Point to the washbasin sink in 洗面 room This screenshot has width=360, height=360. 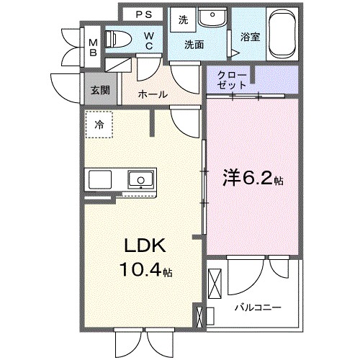pyautogui.click(x=210, y=19)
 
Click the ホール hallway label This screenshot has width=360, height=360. pyautogui.click(x=153, y=94)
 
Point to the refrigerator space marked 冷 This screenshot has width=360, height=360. pyautogui.click(x=99, y=124)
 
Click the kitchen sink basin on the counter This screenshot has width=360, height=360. pyautogui.click(x=138, y=179)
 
